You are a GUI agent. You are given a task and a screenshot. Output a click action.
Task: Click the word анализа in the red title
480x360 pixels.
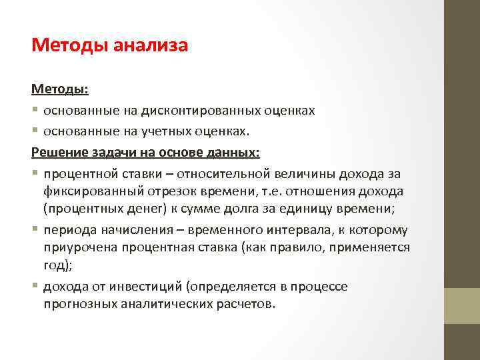[x=151, y=45]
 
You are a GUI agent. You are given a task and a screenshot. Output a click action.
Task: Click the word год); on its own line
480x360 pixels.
[x=56, y=265]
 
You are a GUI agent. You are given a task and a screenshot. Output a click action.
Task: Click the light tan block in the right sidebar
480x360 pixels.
[x=462, y=305]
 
